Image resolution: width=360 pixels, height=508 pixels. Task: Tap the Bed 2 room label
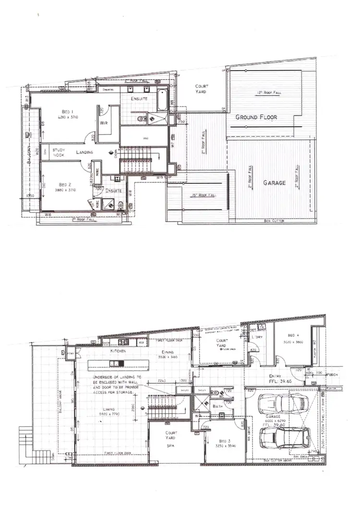(65, 184)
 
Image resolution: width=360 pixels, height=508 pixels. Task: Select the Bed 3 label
(218, 437)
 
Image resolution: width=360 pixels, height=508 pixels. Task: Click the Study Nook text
(59, 153)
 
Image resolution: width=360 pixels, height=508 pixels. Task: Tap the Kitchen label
(118, 352)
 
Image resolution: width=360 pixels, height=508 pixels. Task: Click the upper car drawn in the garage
(281, 403)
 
